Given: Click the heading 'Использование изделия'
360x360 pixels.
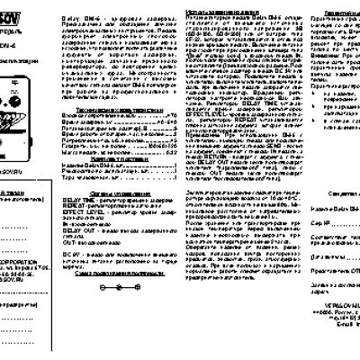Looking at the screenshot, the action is click(225, 4).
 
